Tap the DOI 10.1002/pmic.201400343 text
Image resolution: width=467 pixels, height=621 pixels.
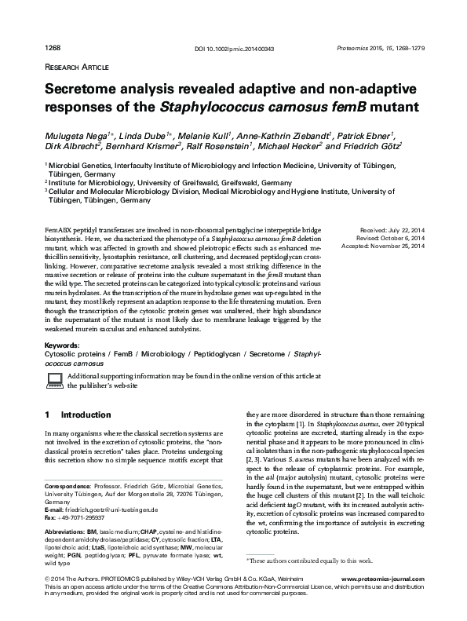233,49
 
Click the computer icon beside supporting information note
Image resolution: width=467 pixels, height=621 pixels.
55,381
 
